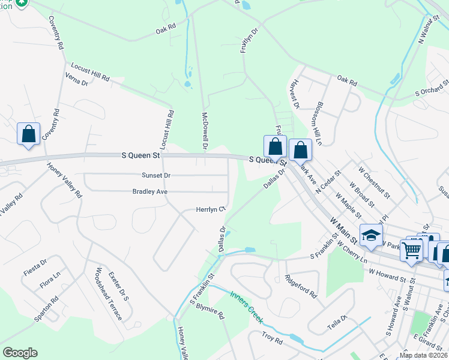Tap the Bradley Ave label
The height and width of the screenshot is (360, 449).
pyautogui.click(x=150, y=191)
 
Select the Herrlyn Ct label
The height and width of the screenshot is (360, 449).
pyautogui.click(x=210, y=209)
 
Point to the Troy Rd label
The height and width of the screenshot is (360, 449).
pyautogui.click(x=272, y=339)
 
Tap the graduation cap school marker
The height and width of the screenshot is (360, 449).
pyautogui.click(x=371, y=235)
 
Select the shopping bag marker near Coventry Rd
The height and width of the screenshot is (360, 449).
pyautogui.click(x=28, y=134)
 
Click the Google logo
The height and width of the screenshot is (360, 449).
pyautogui.click(x=19, y=353)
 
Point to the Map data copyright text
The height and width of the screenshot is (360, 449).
pyautogui.click(x=423, y=355)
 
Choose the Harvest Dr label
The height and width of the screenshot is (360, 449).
pyautogui.click(x=294, y=96)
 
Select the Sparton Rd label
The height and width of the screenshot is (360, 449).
pyautogui.click(x=46, y=308)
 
